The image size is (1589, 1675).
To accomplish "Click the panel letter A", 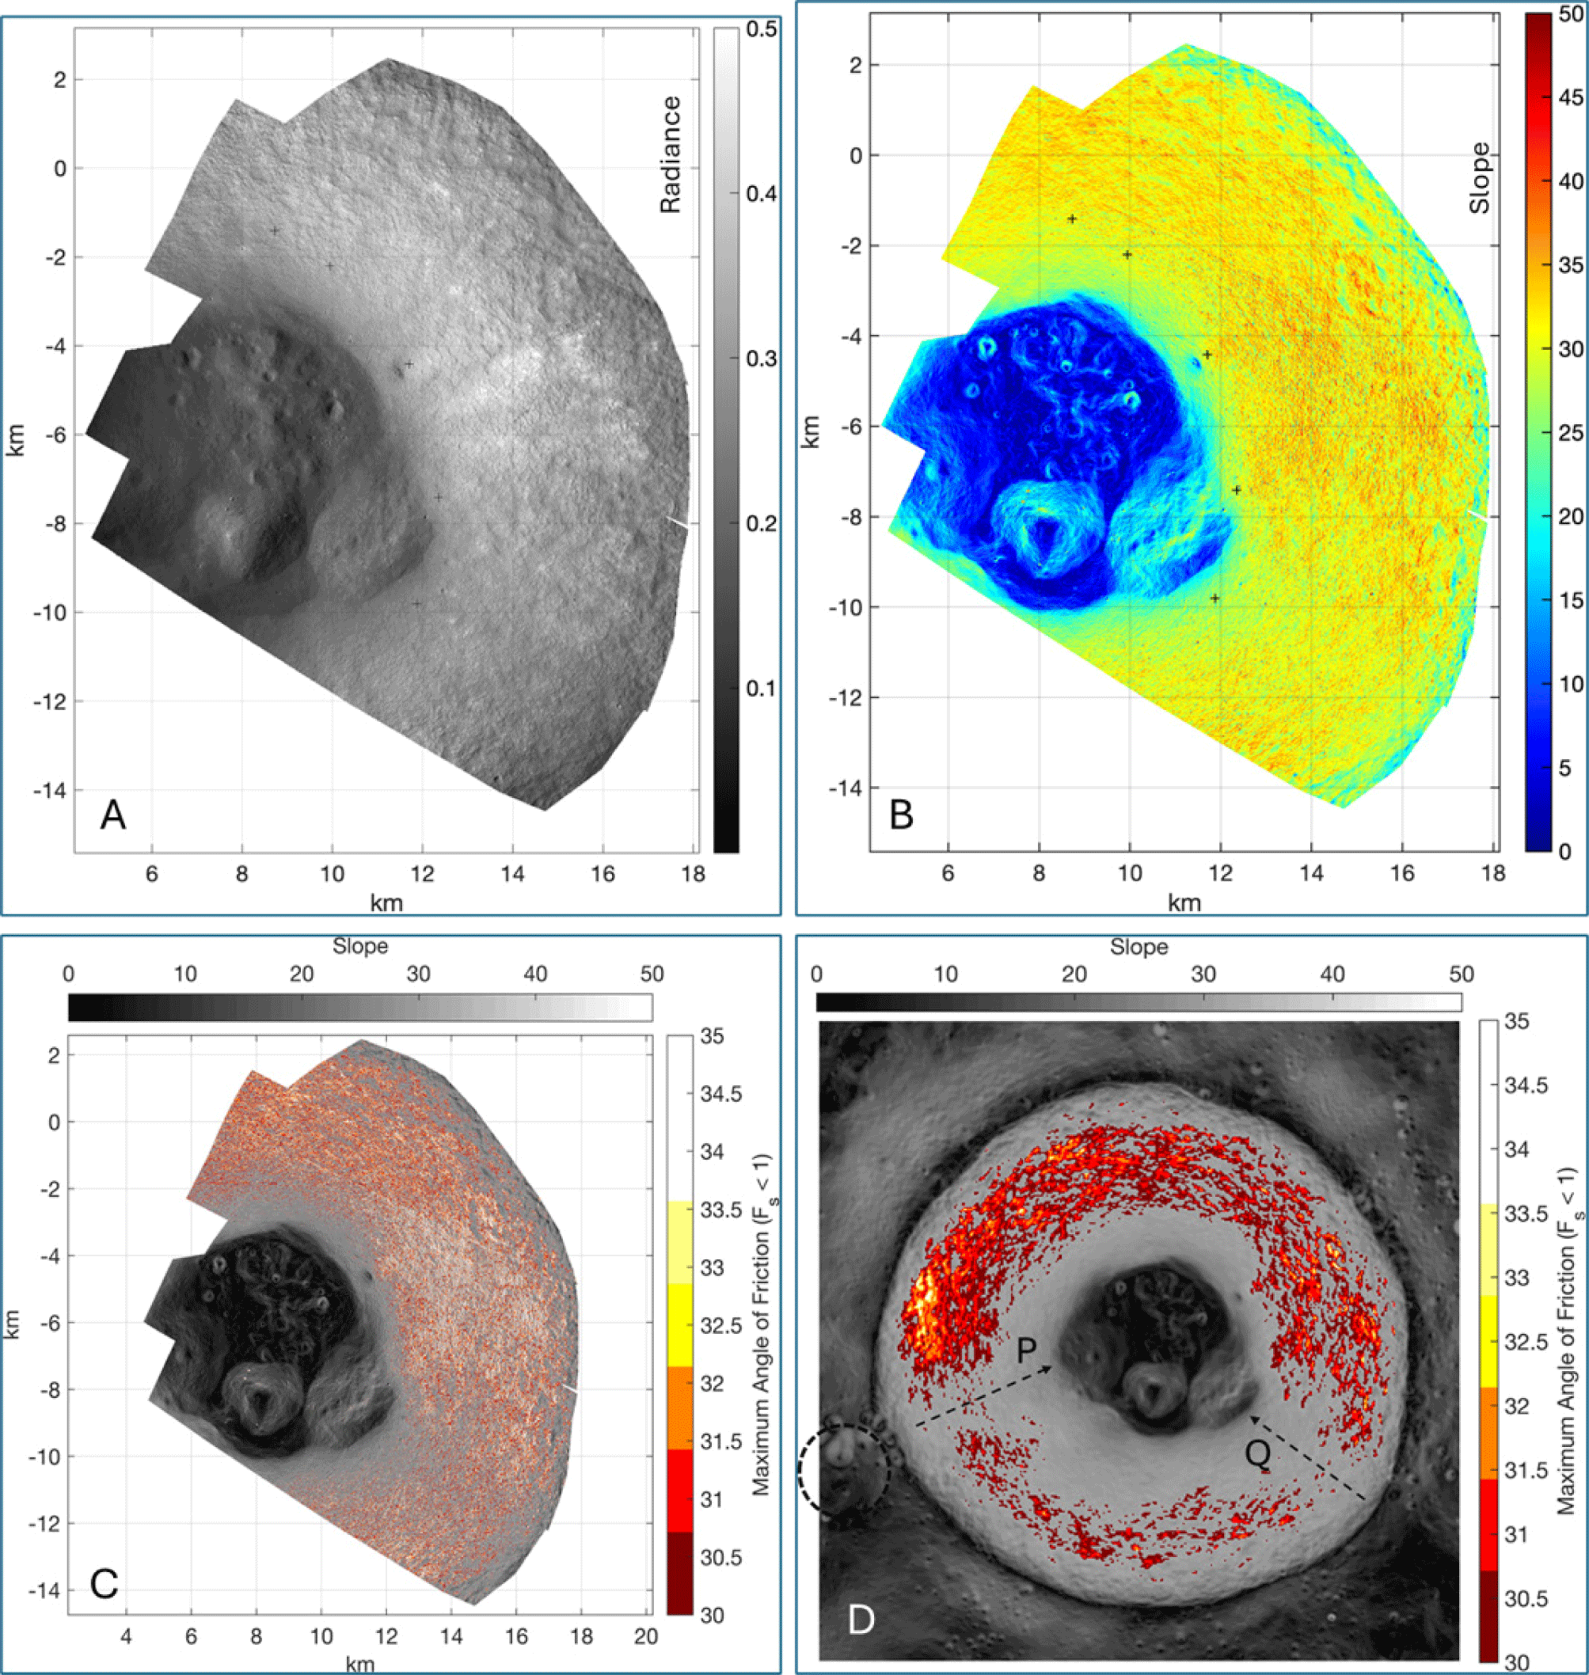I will point(112,815).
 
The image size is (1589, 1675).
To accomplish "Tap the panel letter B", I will point(900,815).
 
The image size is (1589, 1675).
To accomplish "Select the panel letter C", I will point(104,1583).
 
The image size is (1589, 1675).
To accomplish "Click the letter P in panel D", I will point(1027,1350).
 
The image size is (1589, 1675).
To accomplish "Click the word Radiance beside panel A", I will point(670,154).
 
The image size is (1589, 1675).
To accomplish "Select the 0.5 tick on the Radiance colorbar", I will point(761,29).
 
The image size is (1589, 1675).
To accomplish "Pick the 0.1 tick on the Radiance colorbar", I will point(761,689).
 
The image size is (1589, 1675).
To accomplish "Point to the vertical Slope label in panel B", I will point(1479,178).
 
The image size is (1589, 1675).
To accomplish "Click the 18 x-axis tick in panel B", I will point(1493,873).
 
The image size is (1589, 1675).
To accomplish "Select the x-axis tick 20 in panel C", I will point(645,1637).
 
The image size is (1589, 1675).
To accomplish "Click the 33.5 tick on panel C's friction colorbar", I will point(720,1210).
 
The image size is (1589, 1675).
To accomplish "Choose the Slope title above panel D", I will point(1139,948).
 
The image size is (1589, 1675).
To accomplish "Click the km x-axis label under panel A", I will point(386,902).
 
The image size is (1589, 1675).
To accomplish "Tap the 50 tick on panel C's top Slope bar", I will point(652,974).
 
